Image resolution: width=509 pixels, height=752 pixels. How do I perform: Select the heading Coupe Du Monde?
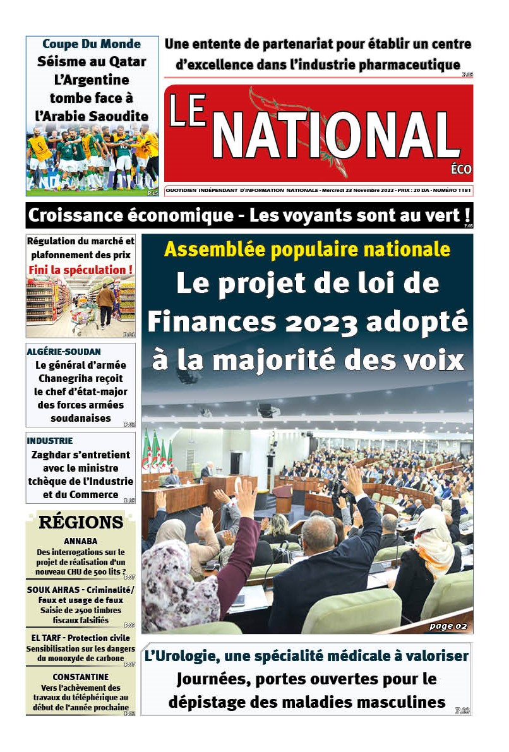(x=92, y=44)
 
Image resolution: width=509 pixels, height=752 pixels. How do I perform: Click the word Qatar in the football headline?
(x=126, y=62)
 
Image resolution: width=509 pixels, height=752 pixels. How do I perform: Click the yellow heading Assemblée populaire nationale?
(x=307, y=249)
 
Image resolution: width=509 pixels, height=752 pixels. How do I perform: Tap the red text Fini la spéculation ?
(x=81, y=270)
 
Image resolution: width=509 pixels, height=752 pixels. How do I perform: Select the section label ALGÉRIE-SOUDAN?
(x=63, y=351)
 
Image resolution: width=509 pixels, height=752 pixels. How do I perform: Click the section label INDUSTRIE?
(x=49, y=441)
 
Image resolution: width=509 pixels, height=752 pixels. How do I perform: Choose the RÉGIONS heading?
(x=81, y=522)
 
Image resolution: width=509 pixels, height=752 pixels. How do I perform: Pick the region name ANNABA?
(x=80, y=541)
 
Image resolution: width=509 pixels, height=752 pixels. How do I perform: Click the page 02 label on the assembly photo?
(x=447, y=626)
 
